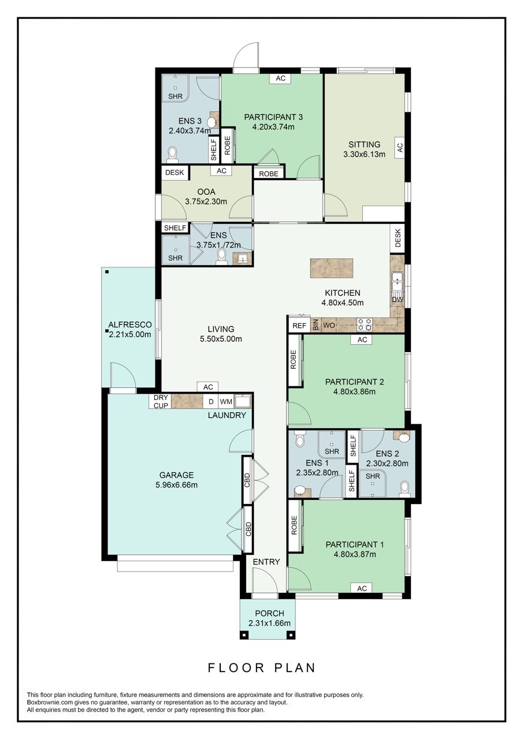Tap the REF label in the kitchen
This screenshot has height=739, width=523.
coord(299,326)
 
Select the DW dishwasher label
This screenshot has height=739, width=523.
coord(398,300)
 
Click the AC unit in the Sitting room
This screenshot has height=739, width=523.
coord(399,147)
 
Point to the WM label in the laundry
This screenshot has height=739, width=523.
coord(226,401)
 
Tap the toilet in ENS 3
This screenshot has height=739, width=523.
coord(172,153)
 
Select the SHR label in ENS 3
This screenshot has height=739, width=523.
coord(174,96)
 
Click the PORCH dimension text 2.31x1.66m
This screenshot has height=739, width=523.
coord(269,623)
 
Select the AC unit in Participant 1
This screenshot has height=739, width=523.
coord(362,588)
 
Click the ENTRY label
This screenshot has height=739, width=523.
coord(266,562)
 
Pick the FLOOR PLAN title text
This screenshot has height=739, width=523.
coord(262,668)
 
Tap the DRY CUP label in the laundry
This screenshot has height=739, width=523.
coord(161,401)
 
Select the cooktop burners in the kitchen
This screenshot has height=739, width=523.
coord(364,325)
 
